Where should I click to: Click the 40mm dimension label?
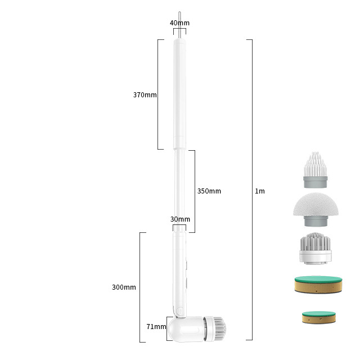[x=179, y=23]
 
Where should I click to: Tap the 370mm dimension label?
[x=145, y=95]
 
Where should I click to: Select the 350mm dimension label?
[x=209, y=191]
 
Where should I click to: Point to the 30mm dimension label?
[x=180, y=219]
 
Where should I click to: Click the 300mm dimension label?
[x=124, y=287]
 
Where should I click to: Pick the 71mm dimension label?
[x=156, y=326]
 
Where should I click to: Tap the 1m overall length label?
[x=260, y=191]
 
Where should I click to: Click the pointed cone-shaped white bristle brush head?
[x=316, y=170]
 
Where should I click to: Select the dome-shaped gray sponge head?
[x=316, y=209]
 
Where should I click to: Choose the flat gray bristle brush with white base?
[x=315, y=248]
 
